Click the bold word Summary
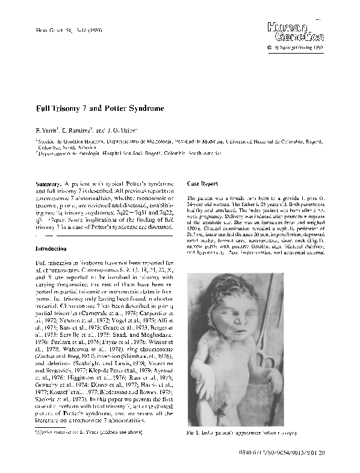(x=51, y=183)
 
